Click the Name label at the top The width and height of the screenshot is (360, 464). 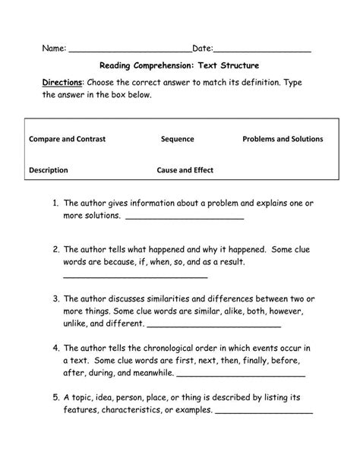[x=53, y=49]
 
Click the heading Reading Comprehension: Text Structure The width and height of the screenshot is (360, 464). [x=179, y=66]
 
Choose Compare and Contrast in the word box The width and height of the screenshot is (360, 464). [x=67, y=139]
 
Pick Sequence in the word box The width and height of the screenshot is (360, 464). [x=178, y=139]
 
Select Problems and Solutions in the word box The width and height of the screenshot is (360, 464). [x=283, y=139]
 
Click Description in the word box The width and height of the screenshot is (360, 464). [x=49, y=171]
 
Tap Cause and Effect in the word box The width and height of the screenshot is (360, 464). [x=185, y=171]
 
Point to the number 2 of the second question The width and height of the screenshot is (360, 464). [x=56, y=249]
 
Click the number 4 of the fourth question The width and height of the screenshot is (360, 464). [x=56, y=348]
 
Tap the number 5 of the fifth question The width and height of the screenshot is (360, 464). [x=56, y=397]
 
